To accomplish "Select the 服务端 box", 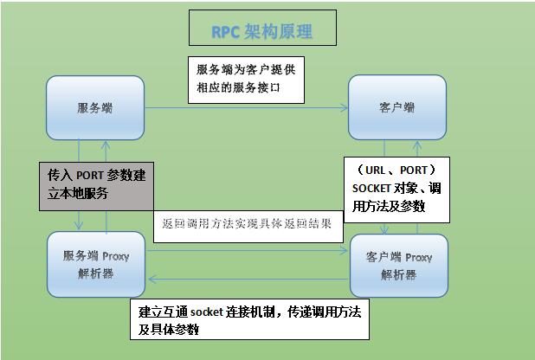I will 95,108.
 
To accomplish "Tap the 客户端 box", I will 396,108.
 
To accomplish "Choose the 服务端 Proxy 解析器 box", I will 95,265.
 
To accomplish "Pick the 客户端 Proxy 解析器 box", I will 399,265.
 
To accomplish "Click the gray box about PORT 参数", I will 95,183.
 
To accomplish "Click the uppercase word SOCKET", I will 371,189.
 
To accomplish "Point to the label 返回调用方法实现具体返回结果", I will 248,223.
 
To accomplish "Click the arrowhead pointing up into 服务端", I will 106,145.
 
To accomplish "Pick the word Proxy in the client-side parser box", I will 417,257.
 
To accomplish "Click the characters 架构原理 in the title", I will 277,32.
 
